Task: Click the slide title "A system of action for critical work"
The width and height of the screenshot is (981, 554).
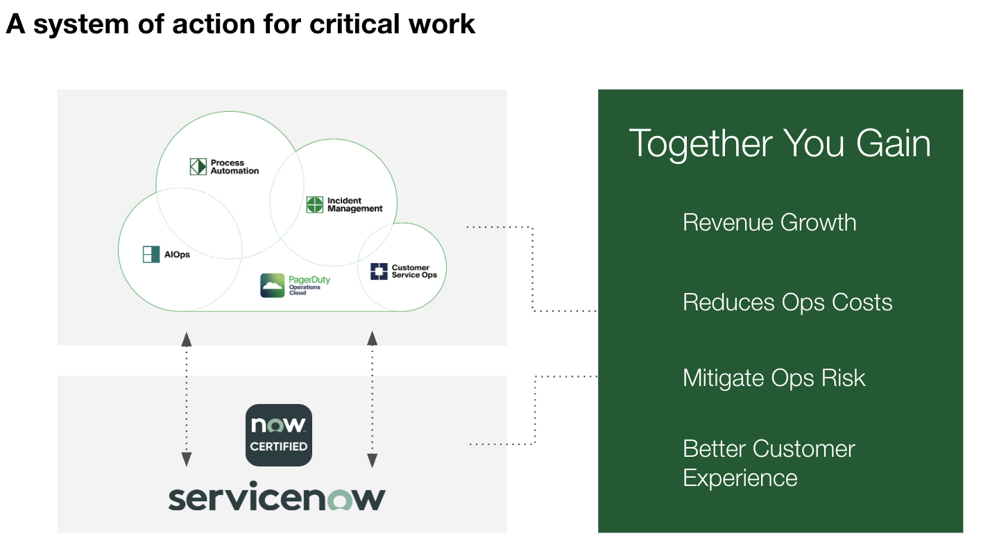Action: [x=240, y=24]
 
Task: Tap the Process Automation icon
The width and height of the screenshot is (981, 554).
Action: [x=198, y=167]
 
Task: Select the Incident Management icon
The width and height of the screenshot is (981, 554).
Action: [x=315, y=205]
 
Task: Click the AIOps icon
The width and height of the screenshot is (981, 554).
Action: [x=151, y=254]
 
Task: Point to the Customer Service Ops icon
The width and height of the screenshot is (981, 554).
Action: [x=379, y=271]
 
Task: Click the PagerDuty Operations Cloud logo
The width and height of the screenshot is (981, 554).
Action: [x=273, y=285]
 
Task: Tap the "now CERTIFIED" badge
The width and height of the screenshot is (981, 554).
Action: [x=279, y=435]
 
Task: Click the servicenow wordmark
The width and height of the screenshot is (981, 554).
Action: [x=277, y=498]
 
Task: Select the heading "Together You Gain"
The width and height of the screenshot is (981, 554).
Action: [x=780, y=144]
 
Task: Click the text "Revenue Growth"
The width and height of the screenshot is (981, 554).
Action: [x=769, y=223]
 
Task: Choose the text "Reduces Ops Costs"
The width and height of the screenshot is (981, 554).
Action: [x=787, y=303]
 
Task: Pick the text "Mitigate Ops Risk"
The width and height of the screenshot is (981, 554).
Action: [x=774, y=378]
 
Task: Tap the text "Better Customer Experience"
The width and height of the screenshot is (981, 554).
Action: [x=769, y=463]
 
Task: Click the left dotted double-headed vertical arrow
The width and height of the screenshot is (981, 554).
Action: [x=187, y=398]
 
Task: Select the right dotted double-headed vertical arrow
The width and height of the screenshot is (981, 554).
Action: [x=373, y=398]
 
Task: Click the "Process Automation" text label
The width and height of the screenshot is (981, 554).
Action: [x=234, y=167]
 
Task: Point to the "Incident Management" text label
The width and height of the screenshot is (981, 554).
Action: [x=355, y=205]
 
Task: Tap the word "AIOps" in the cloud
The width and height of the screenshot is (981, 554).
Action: [x=177, y=255]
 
